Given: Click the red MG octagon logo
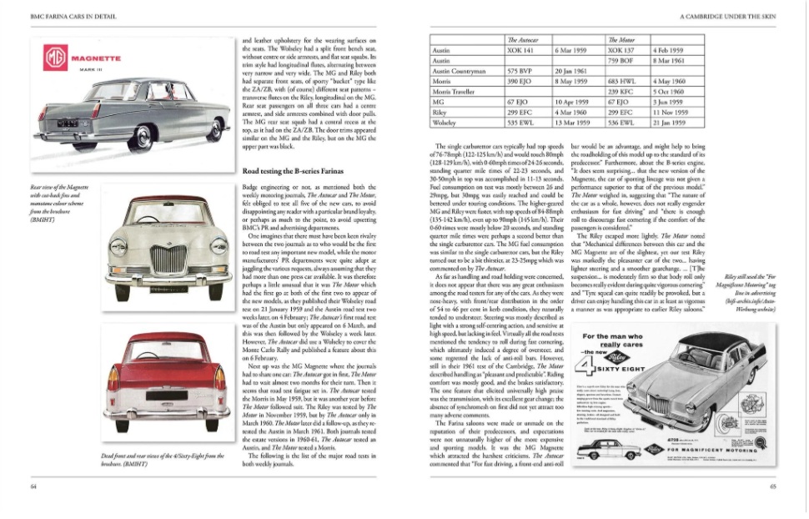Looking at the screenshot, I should click(56, 59).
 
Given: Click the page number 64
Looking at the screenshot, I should click(33, 486).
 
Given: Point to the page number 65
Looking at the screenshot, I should click(773, 486).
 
